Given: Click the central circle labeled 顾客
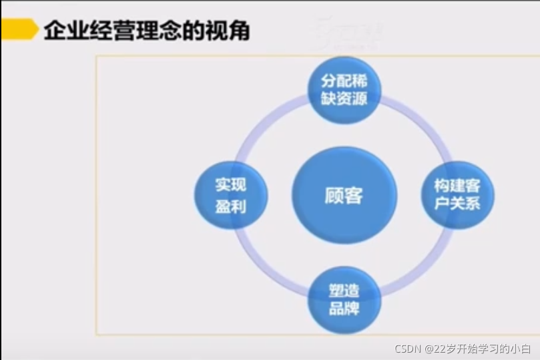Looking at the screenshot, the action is click(x=344, y=196).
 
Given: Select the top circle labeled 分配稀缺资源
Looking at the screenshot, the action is click(x=344, y=90).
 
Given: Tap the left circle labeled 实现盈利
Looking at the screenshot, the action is click(x=230, y=195).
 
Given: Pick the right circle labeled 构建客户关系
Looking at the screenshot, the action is click(x=458, y=194).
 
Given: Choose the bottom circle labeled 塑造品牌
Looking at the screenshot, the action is click(x=344, y=300).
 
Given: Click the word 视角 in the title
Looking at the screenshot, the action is click(x=230, y=30).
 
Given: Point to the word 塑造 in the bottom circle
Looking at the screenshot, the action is click(x=344, y=291).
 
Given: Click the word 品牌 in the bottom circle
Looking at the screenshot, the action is click(x=344, y=309).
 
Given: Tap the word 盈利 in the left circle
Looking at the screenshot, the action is click(x=230, y=206).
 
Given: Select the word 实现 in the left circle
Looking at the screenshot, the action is click(x=230, y=185).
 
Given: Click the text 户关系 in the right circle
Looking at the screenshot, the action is click(x=458, y=204).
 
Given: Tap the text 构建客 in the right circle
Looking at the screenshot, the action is click(x=458, y=185).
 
